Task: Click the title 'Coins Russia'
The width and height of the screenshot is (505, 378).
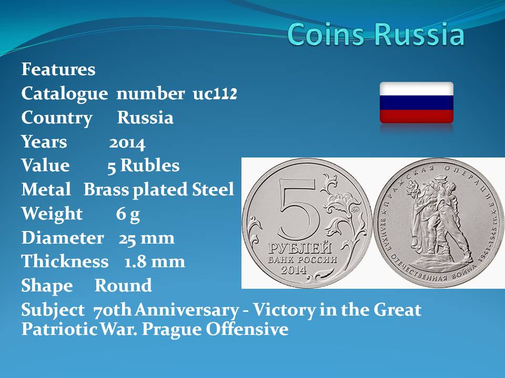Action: pos(376,34)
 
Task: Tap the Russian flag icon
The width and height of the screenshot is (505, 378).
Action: pos(417,102)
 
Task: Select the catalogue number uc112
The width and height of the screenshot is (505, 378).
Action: pos(215,93)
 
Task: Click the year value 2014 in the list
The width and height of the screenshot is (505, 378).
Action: pos(127,142)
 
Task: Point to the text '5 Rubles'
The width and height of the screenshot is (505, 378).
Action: pos(143,166)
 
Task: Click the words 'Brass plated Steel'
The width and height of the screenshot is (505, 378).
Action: pos(159,190)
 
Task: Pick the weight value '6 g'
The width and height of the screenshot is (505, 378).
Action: pos(128,214)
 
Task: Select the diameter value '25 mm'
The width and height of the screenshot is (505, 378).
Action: pos(147,238)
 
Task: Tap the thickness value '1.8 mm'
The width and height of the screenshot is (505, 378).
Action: pos(155,261)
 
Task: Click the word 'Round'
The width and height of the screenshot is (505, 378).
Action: pos(123,286)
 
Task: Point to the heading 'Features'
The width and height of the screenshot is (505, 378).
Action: pos(58,69)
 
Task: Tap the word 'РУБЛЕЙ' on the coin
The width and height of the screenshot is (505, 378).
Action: pos(300,248)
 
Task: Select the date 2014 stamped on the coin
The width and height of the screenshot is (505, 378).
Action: pos(294,269)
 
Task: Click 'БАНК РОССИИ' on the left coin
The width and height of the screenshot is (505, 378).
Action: pos(302,259)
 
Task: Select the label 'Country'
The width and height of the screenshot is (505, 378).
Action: pos(57,118)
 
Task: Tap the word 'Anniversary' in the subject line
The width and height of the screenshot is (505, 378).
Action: pos(187,310)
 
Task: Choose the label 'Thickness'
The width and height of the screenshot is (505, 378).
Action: pos(65,261)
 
